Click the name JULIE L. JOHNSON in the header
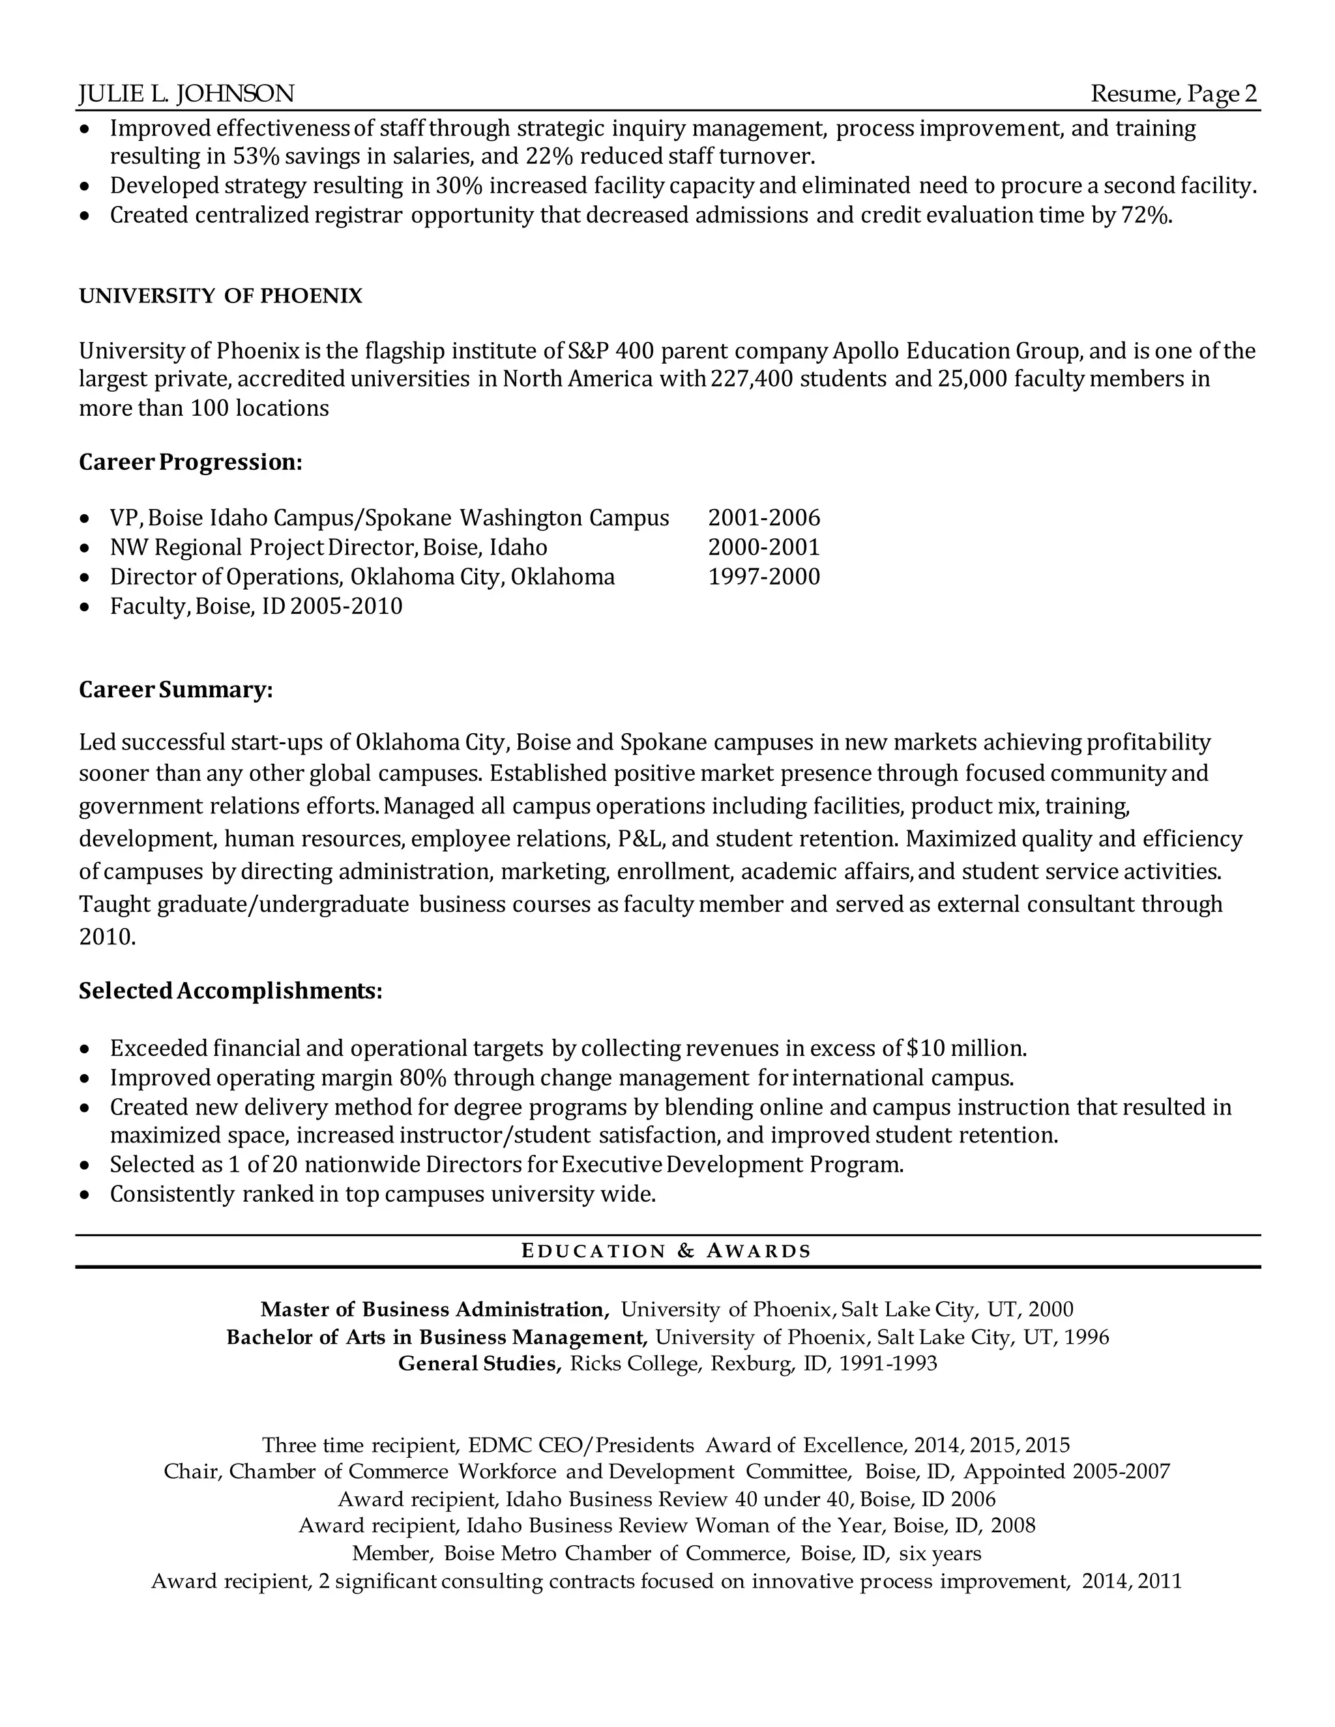[x=186, y=94]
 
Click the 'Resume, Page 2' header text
[x=1173, y=94]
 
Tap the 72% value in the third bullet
[x=1145, y=215]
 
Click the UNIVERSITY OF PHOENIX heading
[x=221, y=297]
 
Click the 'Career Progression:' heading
[x=190, y=463]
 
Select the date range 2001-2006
[x=764, y=518]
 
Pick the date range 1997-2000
[x=764, y=577]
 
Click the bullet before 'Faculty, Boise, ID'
[x=85, y=608]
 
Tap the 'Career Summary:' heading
[x=175, y=690]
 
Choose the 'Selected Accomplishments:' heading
[x=230, y=992]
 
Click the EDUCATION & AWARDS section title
[x=667, y=1251]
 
